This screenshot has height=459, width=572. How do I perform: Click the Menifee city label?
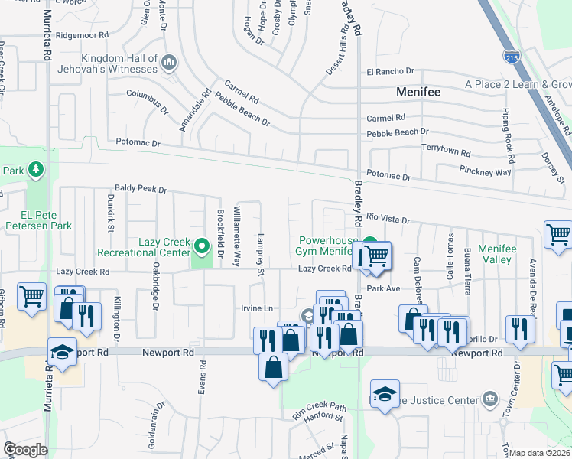coord(418,92)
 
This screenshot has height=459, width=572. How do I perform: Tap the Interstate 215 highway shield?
coord(512,56)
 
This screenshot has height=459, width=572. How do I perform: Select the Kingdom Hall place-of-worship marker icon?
coord(170,61)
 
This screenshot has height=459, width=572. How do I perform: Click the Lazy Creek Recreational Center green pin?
coord(202,246)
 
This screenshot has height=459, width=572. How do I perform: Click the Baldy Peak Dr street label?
coord(141,188)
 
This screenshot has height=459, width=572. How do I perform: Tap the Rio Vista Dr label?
coord(388,218)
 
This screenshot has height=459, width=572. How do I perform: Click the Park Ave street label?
coord(383,289)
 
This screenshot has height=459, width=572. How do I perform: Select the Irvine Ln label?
coord(257,308)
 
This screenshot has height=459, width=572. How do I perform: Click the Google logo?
coord(25,450)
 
